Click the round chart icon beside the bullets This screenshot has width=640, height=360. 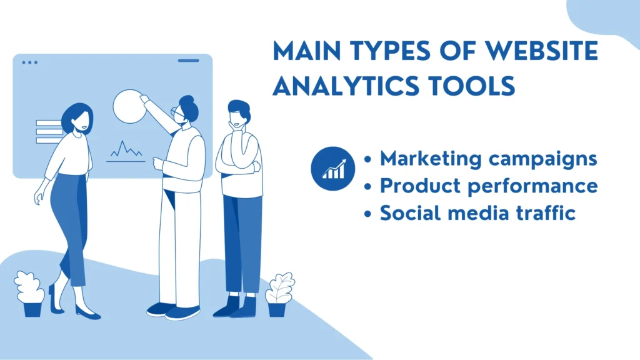pyautogui.click(x=332, y=167)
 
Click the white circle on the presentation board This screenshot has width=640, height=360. pyautogui.click(x=129, y=105)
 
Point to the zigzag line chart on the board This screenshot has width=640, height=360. pyautogui.click(x=125, y=150)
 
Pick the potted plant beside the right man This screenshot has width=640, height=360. pyautogui.click(x=279, y=295)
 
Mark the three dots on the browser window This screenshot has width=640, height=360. pyautogui.click(x=29, y=62)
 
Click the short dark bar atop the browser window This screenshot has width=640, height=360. pyautogui.click(x=189, y=61)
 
